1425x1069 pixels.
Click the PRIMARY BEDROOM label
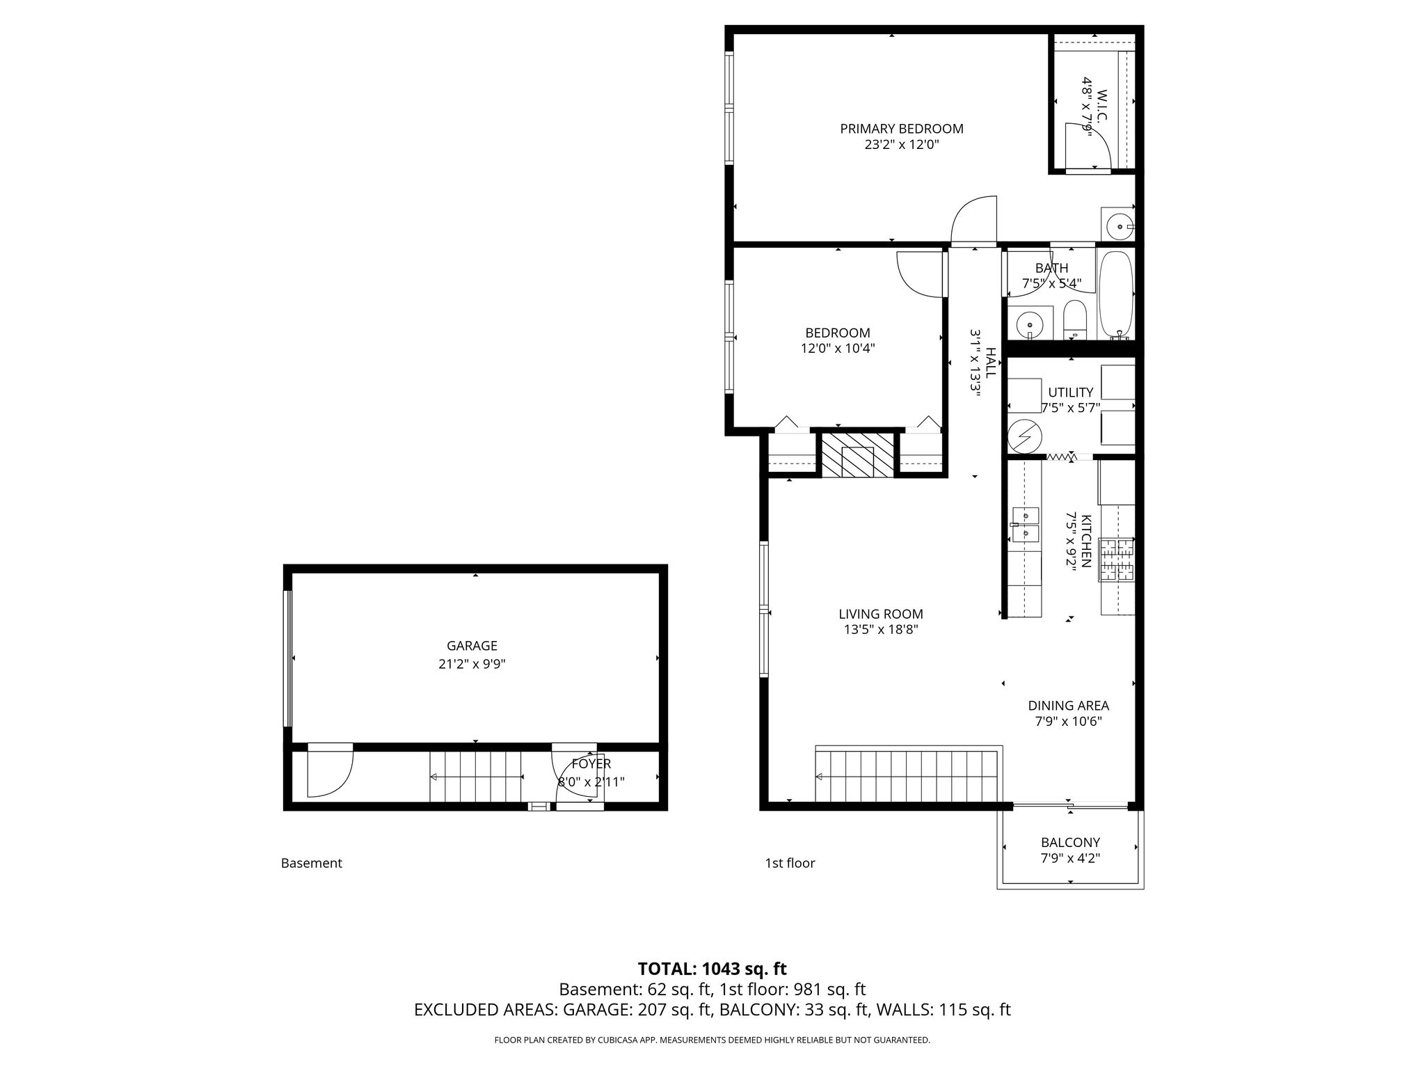click(902, 129)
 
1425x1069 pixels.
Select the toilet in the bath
click(1074, 320)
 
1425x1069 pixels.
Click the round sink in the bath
click(1028, 324)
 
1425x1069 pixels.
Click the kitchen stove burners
click(1117, 560)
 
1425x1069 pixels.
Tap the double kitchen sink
click(1025, 525)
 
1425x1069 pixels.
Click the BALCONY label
click(1070, 843)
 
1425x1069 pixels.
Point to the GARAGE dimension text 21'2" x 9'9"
click(472, 664)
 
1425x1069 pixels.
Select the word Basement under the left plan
click(312, 863)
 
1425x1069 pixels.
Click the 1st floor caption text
click(790, 863)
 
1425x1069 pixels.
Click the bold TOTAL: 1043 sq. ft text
click(712, 969)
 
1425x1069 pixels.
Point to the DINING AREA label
click(1069, 706)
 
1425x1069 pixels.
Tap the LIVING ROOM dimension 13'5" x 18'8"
click(881, 630)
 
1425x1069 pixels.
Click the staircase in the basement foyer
click(476, 777)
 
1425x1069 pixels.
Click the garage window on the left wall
click(287, 658)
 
